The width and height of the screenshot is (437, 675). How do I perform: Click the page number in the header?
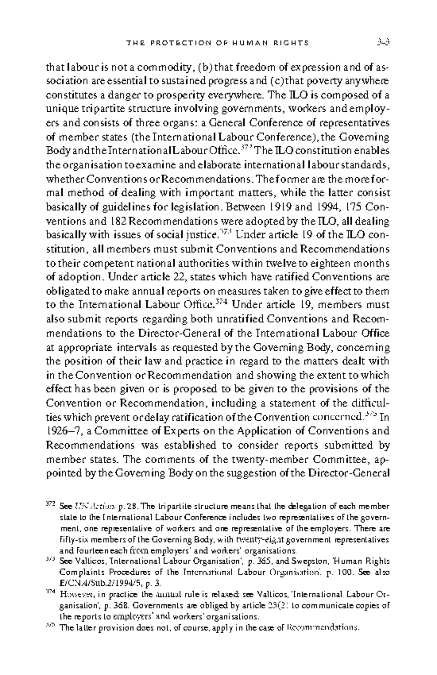(x=383, y=42)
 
